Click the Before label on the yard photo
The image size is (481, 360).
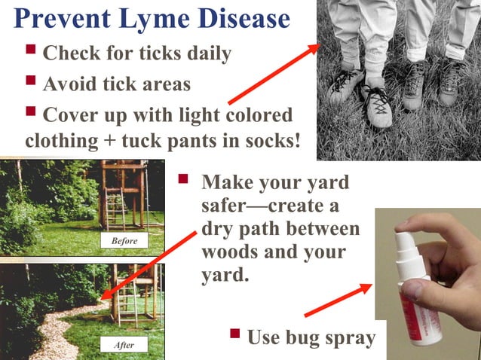(x=124, y=241)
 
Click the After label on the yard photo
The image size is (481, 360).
(x=124, y=345)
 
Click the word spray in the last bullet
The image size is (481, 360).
(x=348, y=338)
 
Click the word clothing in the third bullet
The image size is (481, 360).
(x=61, y=141)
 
